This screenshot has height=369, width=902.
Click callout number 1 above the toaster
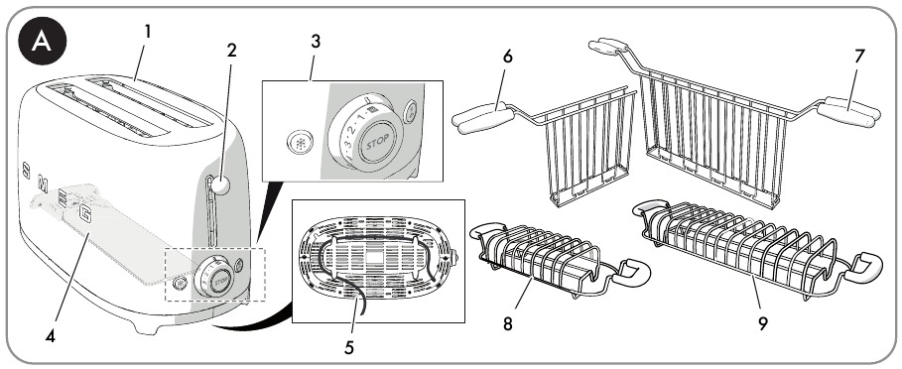click(147, 32)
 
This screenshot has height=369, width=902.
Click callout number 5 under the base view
click(347, 347)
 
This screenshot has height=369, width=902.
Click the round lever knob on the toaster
click(224, 184)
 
